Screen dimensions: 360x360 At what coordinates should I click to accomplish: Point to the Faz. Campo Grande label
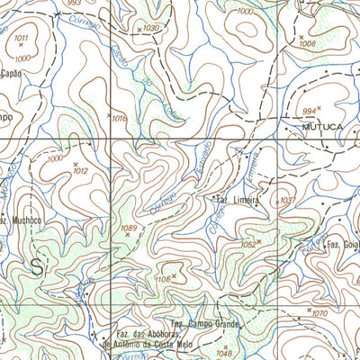(x=205, y=321)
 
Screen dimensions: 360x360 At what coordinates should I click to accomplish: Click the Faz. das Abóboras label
(x=139, y=330)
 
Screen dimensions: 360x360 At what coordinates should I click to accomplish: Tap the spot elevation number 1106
(x=164, y=280)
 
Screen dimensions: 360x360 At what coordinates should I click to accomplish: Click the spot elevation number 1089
(x=130, y=229)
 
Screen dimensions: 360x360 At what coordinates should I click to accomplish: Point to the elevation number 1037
(x=288, y=200)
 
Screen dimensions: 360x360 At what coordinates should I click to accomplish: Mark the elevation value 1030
(x=151, y=29)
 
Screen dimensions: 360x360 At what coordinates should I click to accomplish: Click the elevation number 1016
(x=120, y=118)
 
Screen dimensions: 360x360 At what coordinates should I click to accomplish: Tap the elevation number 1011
(x=22, y=37)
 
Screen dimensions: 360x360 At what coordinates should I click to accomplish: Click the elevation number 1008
(x=308, y=42)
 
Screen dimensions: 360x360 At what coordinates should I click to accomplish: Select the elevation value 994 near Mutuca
(x=310, y=110)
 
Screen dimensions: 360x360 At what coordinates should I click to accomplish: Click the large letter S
(x=37, y=265)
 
